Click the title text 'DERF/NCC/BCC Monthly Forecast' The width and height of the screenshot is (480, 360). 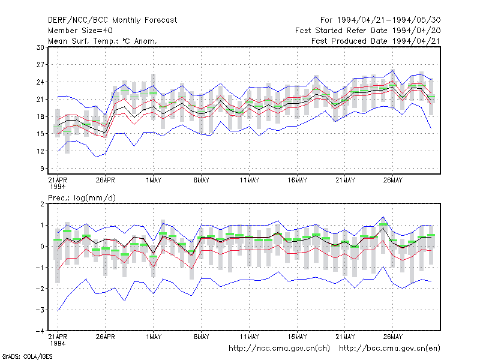click(x=112, y=20)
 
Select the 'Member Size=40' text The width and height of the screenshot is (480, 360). click(x=80, y=31)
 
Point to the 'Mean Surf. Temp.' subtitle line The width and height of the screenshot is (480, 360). click(x=102, y=41)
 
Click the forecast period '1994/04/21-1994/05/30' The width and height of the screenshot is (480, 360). click(x=389, y=20)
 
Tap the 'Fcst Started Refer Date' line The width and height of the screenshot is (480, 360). click(x=368, y=31)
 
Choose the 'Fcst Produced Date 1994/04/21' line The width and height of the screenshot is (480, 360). click(x=376, y=41)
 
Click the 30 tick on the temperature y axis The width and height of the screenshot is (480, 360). click(x=40, y=47)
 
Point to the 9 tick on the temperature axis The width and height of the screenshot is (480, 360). click(x=42, y=169)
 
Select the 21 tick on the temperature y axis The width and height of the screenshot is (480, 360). click(x=40, y=99)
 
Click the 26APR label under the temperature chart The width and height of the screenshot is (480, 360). click(x=106, y=181)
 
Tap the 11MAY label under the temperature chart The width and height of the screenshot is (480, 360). click(x=249, y=181)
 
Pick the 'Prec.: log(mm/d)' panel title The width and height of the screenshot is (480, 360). click(x=82, y=198)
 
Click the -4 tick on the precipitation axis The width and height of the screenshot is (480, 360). click(x=40, y=331)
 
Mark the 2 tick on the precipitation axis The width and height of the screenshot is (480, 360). click(x=42, y=204)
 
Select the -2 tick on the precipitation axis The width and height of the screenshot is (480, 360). click(x=40, y=289)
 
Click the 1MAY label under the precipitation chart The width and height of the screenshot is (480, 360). click(x=154, y=337)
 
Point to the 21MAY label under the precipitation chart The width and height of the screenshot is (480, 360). click(x=345, y=337)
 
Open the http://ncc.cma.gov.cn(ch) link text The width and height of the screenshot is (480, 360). click(x=279, y=349)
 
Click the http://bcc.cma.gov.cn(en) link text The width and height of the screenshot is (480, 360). click(x=389, y=349)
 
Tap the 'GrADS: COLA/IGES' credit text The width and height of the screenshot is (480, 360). click(x=27, y=356)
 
